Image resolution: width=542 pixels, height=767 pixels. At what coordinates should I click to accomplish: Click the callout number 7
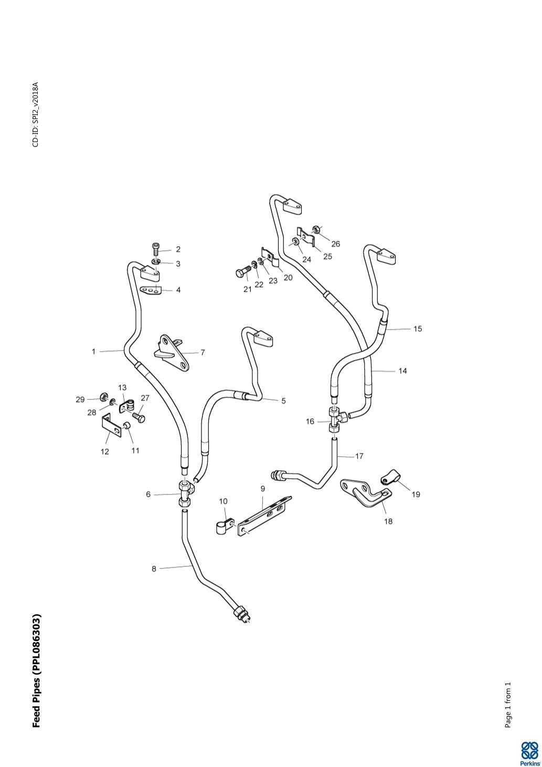(203, 353)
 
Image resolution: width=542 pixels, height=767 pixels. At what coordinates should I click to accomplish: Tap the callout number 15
(418, 329)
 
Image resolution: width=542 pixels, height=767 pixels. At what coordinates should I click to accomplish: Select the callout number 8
(154, 569)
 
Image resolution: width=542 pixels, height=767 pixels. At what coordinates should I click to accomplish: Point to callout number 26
(336, 244)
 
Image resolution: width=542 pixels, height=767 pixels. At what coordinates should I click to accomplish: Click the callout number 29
(80, 400)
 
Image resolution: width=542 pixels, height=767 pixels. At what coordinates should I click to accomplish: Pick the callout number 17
(359, 456)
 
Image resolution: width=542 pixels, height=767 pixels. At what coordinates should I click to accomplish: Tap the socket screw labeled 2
(156, 248)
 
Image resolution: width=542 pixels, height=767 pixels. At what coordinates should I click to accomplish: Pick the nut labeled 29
(104, 396)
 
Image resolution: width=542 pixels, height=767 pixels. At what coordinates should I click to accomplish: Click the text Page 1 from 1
(507, 705)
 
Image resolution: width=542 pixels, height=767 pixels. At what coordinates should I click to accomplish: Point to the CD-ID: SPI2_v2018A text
(36, 114)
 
